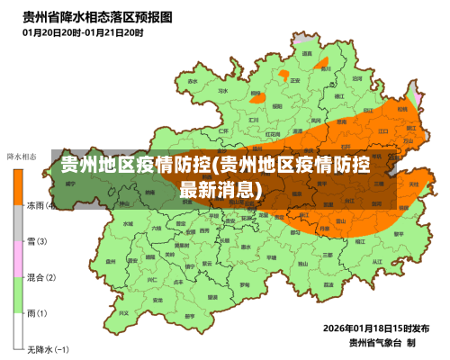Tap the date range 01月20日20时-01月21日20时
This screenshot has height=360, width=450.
83,32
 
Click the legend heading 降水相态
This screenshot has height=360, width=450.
22,157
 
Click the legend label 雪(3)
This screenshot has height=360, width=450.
38,241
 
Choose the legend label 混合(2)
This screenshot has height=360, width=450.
41,277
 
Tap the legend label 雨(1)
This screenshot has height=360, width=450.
38,312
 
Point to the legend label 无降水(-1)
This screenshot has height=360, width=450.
47,348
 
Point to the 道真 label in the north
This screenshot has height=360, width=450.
307,54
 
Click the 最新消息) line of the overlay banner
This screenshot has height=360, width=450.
221,190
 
